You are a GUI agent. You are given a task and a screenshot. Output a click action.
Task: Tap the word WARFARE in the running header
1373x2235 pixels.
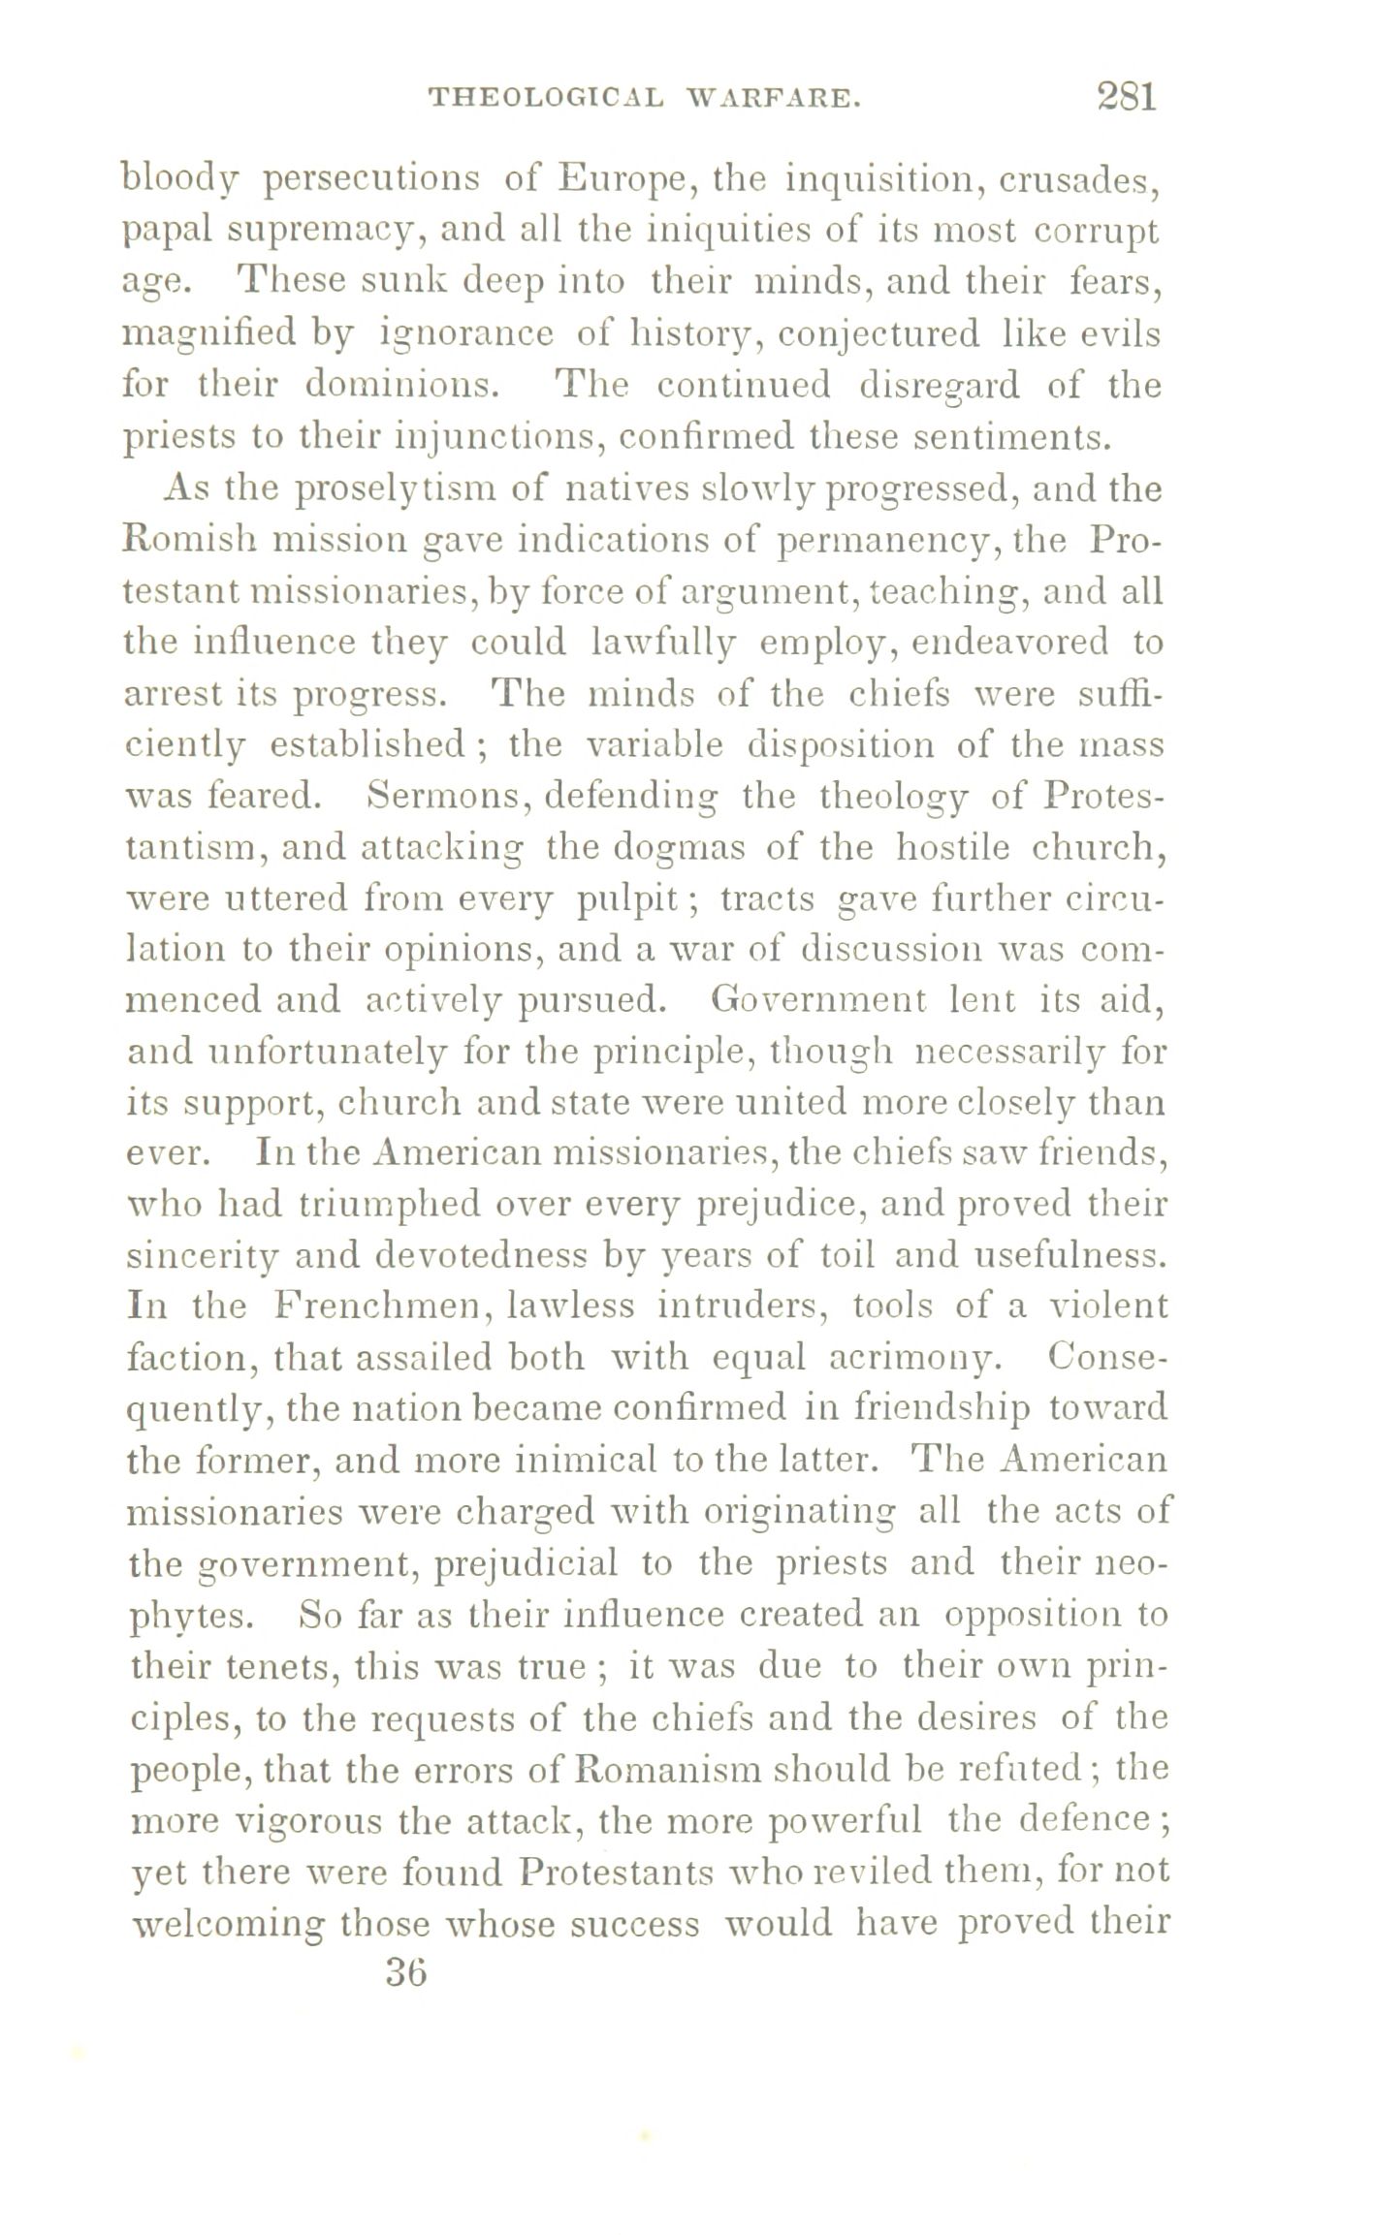[x=772, y=98]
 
